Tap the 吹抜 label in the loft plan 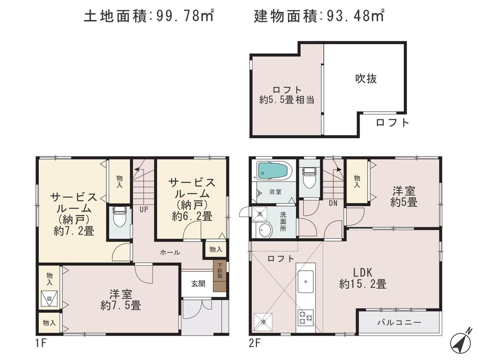(365, 79)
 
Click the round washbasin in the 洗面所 (264, 231)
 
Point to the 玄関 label (198, 283)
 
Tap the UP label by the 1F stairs (143, 209)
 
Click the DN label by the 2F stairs (333, 203)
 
